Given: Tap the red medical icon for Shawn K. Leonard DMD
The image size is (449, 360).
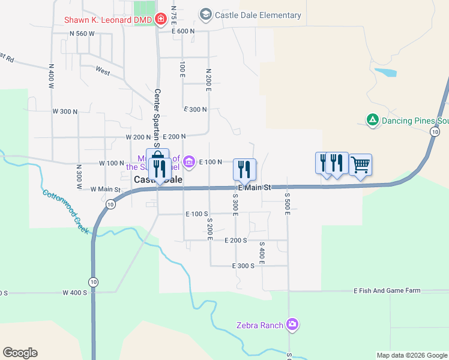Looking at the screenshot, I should click(160, 20).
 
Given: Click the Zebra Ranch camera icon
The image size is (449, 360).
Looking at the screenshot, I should click(292, 325).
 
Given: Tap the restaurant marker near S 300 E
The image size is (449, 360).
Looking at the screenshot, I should click(244, 169).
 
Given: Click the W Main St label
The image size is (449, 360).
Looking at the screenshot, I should click(106, 190).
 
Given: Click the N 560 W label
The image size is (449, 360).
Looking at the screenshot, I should click(82, 34).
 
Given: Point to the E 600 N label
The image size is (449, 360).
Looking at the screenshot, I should click(183, 31).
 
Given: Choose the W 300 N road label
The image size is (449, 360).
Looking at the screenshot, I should click(65, 112).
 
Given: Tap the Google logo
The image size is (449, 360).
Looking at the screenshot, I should click(20, 353).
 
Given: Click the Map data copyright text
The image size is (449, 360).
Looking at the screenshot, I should click(411, 355).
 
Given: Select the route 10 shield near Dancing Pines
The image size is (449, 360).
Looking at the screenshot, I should click(434, 131).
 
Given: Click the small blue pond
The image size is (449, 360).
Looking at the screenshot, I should click(385, 73).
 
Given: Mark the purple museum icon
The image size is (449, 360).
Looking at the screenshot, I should click(188, 161).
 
